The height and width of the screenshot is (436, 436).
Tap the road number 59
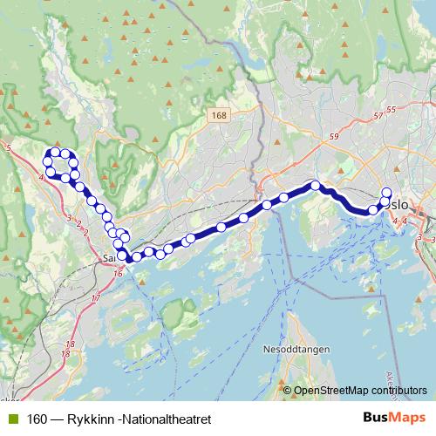(334, 136)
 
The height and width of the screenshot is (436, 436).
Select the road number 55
(390, 109)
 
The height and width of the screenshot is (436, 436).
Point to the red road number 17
(96, 299)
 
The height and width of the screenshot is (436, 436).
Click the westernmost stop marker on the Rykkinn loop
(47, 161)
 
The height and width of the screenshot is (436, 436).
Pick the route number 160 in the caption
(36, 419)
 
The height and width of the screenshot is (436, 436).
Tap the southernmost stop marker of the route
(133, 258)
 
